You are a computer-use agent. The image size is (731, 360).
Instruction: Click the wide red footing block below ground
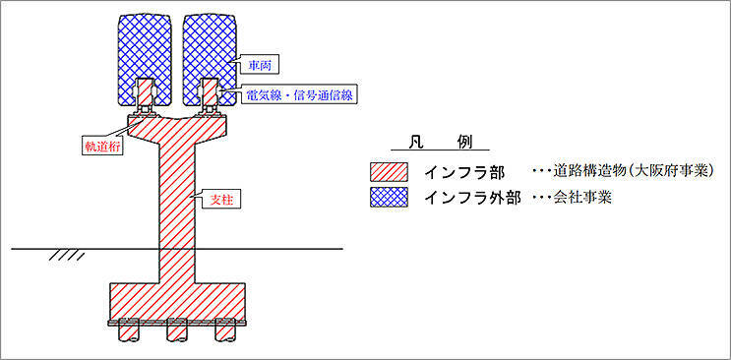pos(177,299)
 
